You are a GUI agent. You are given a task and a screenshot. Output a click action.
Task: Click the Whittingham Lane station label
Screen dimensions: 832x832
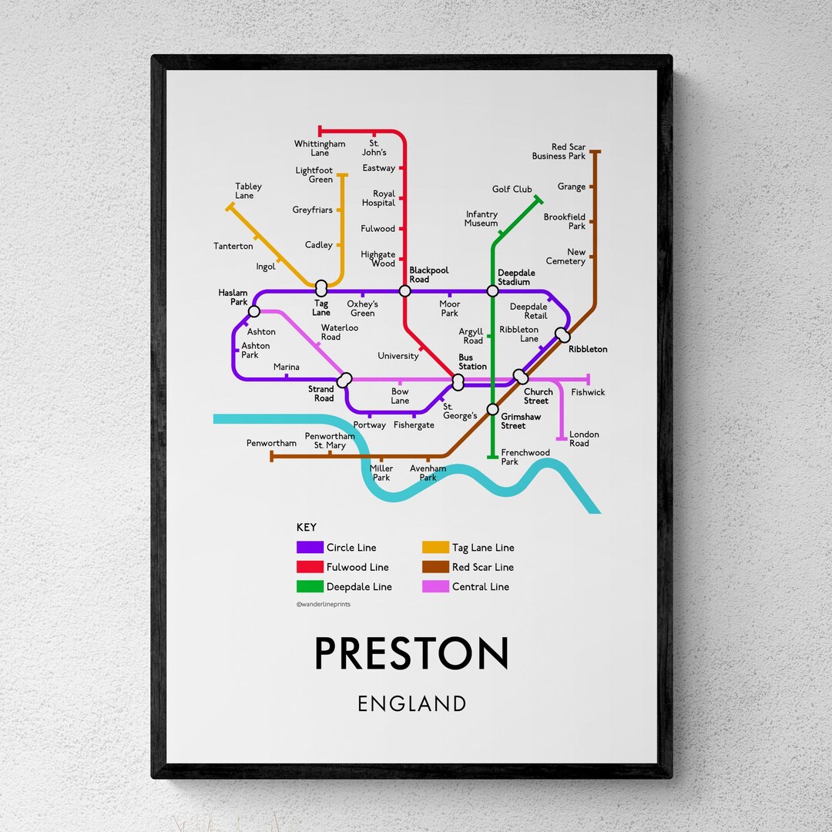[x=320, y=148]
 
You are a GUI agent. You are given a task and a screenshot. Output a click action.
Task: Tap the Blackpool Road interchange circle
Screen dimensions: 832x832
[x=404, y=291]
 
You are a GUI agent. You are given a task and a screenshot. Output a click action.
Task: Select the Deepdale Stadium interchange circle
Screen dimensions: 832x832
[x=492, y=291]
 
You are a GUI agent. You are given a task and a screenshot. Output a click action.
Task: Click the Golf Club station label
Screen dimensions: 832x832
[x=512, y=190]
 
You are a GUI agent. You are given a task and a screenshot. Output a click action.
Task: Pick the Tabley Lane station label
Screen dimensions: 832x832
[x=248, y=191]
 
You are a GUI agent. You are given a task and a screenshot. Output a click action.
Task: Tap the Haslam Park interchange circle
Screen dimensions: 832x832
[x=254, y=311]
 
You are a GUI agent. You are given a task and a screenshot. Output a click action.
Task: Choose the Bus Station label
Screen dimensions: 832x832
[x=473, y=362]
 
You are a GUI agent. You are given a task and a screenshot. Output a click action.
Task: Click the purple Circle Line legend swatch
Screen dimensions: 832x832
[x=310, y=548]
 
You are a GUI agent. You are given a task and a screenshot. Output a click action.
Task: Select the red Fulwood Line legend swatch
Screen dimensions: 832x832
[x=310, y=567]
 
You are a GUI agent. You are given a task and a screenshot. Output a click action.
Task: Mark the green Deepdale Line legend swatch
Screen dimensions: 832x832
[x=310, y=587]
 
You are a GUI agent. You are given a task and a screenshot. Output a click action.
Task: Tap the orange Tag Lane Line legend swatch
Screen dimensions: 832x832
[x=435, y=548]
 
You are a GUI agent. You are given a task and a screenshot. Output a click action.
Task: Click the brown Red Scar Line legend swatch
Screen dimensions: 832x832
[x=435, y=567]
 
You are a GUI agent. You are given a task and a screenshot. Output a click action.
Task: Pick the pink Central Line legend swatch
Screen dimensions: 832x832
[x=435, y=587]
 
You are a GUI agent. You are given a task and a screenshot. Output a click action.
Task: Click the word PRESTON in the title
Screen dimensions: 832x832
[x=411, y=654]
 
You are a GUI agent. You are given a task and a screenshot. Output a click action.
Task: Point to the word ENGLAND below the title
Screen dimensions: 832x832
[x=411, y=703]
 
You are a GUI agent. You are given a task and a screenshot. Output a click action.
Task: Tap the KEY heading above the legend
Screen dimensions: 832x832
[x=306, y=528]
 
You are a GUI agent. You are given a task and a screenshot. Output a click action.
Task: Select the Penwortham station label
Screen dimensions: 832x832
[x=271, y=444]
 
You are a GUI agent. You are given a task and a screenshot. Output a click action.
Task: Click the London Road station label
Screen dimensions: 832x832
[x=584, y=439]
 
